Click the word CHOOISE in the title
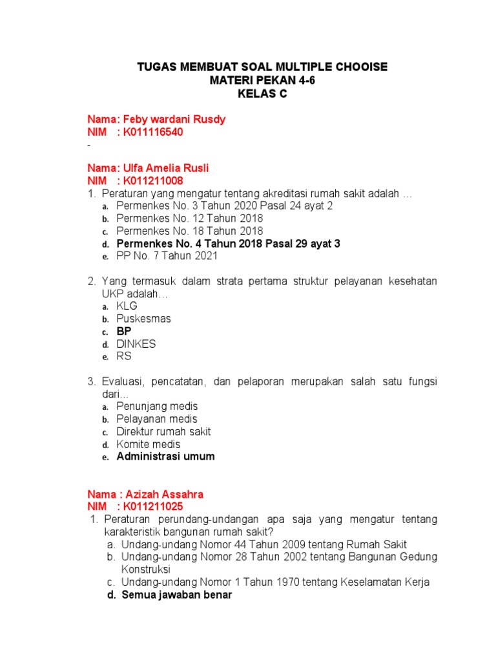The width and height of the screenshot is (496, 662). (358, 67)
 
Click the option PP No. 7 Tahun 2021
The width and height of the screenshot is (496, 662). (167, 256)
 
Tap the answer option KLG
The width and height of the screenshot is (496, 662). (127, 306)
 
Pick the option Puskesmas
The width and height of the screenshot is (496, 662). (143, 319)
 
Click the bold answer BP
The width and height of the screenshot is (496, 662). (124, 331)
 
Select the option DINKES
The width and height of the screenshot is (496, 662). (136, 344)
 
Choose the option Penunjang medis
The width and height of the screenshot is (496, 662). (157, 407)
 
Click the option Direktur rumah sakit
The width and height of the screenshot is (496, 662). (163, 432)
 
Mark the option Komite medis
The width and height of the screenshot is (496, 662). (149, 444)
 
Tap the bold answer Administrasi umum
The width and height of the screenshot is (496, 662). (165, 456)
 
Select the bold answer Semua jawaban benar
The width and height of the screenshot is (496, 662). (176, 595)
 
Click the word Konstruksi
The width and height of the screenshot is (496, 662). (146, 570)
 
